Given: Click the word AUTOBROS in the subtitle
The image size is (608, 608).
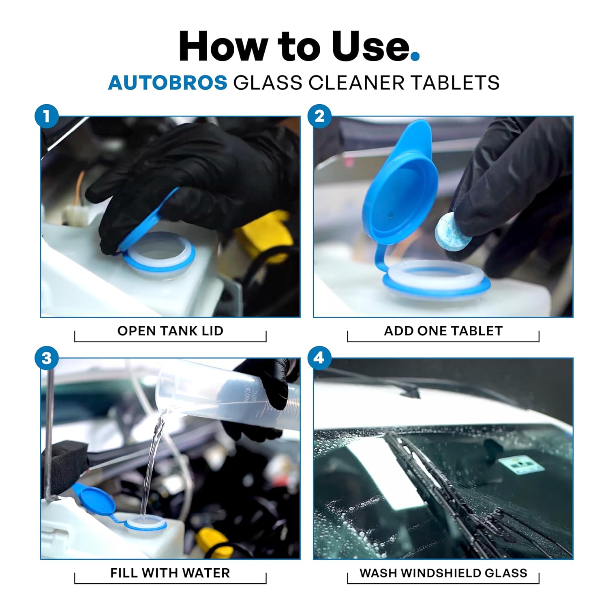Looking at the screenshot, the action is (x=167, y=83).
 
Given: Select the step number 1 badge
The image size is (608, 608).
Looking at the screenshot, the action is (x=47, y=117).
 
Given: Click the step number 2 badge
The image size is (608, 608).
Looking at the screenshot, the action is (x=319, y=117).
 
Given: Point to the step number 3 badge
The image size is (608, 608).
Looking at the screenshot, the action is (x=47, y=359).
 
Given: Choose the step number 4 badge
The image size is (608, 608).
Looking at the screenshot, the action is (x=319, y=359).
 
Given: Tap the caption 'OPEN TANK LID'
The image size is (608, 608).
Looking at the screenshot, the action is (x=170, y=331).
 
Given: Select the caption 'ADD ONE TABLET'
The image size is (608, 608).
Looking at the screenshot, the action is (x=443, y=331).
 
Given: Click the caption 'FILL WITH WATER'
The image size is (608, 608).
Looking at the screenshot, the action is (x=170, y=573).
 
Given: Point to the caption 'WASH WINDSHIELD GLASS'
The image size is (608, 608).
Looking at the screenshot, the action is (x=443, y=573).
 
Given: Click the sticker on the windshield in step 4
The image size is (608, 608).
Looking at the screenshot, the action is (x=520, y=466).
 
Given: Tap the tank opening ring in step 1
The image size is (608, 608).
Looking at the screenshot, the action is (x=159, y=252).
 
